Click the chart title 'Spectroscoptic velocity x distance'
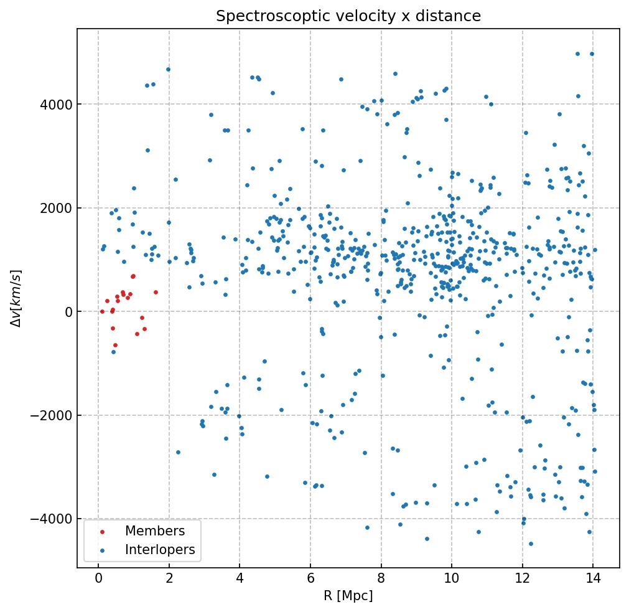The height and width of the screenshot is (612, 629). click(x=348, y=16)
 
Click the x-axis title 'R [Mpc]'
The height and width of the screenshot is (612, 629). click(x=348, y=596)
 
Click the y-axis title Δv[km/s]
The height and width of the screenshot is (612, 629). click(x=18, y=298)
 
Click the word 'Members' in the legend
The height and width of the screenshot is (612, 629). click(x=155, y=531)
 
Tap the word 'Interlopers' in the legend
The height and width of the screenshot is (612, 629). click(x=160, y=550)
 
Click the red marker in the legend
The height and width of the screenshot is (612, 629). click(x=102, y=532)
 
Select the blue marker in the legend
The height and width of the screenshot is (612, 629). click(x=102, y=550)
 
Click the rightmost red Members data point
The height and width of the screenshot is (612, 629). click(x=156, y=292)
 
